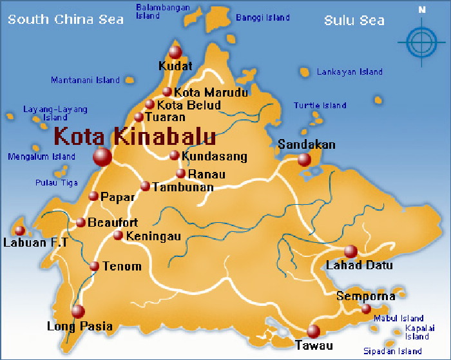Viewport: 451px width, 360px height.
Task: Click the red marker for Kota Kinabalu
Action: [102, 156]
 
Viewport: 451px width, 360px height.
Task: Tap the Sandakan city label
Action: [307, 144]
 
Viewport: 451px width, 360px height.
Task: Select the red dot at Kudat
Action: [175, 52]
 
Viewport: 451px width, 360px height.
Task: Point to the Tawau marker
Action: [313, 331]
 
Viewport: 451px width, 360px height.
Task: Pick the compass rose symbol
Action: [421, 43]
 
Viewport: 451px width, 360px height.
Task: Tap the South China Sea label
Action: [66, 19]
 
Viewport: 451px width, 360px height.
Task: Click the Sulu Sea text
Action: [354, 21]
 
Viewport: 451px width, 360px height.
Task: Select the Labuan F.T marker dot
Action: [19, 231]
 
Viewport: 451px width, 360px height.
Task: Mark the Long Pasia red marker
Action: [78, 312]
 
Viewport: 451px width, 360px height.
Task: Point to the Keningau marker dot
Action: [118, 235]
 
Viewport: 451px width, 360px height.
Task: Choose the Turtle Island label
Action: [320, 105]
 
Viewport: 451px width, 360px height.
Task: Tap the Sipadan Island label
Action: [392, 351]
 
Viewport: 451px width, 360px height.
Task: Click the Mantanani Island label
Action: [86, 81]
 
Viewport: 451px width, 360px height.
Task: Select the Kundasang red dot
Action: [174, 155]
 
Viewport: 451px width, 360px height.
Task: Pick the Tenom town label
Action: [122, 266]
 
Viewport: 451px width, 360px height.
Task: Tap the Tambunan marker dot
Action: [145, 186]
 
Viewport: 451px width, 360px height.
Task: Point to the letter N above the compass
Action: [422, 10]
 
